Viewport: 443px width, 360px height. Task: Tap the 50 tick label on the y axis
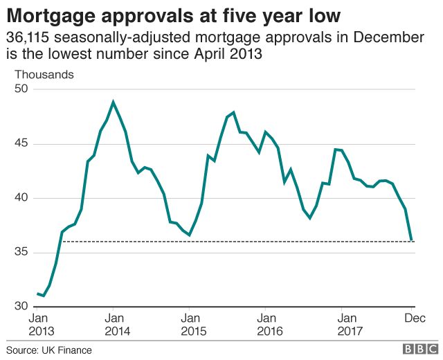pos(21,89)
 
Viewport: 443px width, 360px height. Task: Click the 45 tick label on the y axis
pos(21,143)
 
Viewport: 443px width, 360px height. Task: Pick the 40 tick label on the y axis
pos(21,198)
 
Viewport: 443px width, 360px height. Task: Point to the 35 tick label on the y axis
pos(21,252)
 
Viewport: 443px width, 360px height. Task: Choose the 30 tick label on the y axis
pos(21,306)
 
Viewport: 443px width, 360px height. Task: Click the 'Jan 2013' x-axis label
pos(38,325)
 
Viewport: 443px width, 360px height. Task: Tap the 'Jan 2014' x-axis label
pos(114,325)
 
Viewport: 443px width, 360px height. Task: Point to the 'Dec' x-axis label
pos(414,318)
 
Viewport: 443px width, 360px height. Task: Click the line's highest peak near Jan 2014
pos(114,102)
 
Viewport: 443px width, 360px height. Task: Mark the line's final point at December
pos(413,240)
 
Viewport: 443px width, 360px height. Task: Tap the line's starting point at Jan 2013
pos(37,294)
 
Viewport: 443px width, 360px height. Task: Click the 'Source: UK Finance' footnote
pos(49,350)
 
